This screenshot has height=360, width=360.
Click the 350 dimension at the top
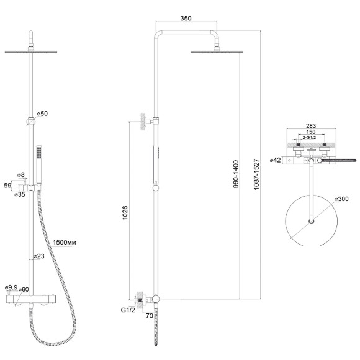(x=186, y=18)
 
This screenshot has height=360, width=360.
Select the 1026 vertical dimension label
(x=125, y=213)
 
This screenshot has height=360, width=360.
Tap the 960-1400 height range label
(x=236, y=174)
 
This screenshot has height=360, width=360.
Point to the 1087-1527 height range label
(x=256, y=174)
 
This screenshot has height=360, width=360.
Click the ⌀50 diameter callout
(x=42, y=114)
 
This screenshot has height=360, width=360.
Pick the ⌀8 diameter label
(x=21, y=174)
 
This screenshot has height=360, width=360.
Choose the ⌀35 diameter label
(x=20, y=194)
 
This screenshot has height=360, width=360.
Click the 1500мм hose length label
(x=65, y=243)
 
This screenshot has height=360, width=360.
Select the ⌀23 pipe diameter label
(x=39, y=256)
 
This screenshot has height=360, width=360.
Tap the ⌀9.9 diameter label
(x=11, y=287)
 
